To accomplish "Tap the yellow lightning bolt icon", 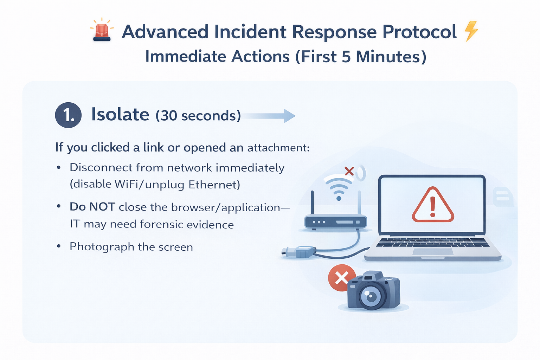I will pyautogui.click(x=471, y=31).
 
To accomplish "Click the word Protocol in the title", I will pyautogui.click(x=419, y=32).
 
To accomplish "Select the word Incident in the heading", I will pyautogui.click(x=250, y=32).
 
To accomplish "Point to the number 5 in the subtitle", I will pyautogui.click(x=346, y=57).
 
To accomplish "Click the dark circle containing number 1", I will pyautogui.click(x=68, y=115).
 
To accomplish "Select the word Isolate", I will pyautogui.click(x=120, y=115).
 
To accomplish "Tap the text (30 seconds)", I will pyautogui.click(x=198, y=116).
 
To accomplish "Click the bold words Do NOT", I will pyautogui.click(x=92, y=207).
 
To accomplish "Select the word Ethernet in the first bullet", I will pyautogui.click(x=214, y=185).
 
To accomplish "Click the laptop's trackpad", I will pyautogui.click(x=432, y=252).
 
